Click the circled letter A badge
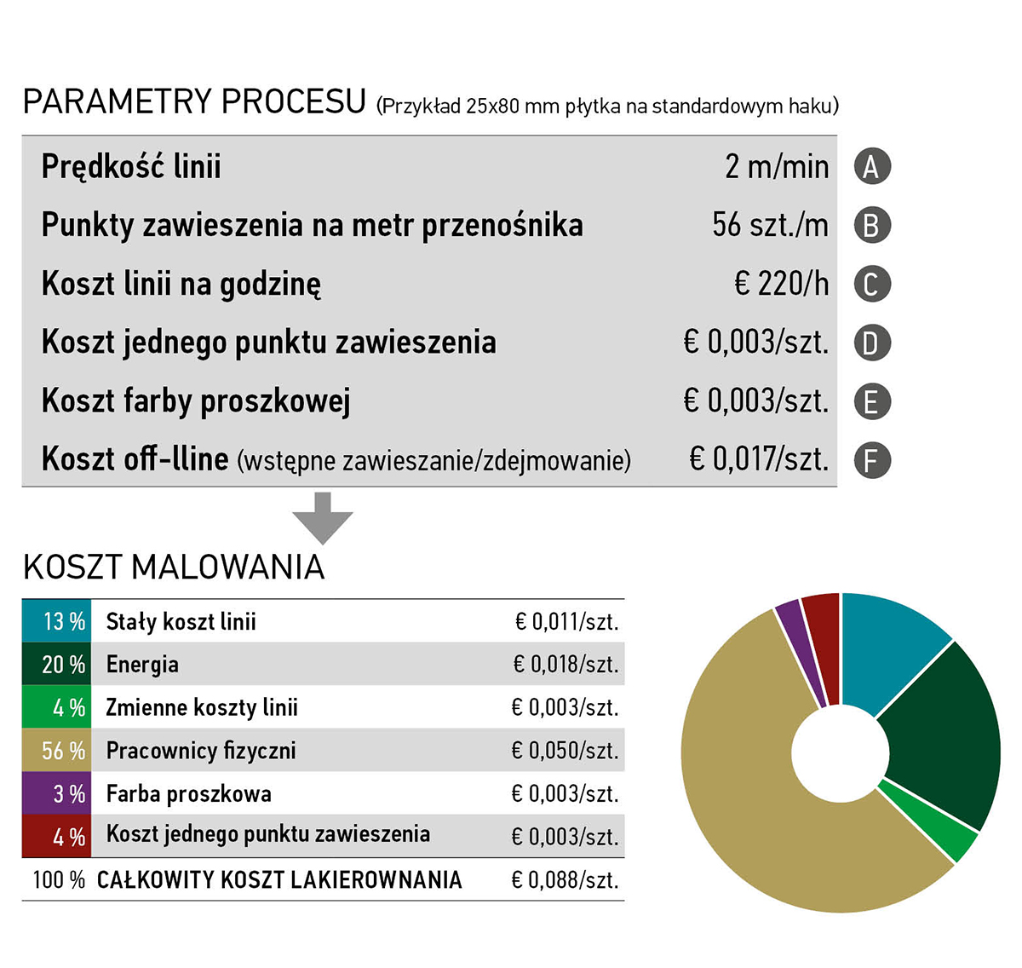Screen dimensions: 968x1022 872,166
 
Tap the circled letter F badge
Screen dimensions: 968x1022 872,461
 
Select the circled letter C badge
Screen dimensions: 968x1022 872,284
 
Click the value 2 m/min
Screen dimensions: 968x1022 777,166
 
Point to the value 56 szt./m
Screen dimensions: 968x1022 770,225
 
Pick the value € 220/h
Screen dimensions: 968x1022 781,284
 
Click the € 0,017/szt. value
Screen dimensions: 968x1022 758,460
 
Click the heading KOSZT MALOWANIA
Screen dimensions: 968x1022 174,568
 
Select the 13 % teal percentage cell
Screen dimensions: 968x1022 56,621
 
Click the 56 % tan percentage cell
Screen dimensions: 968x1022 56,751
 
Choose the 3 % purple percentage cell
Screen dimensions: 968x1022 56,794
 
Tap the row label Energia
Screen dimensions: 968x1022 142,665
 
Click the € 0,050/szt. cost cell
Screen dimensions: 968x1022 565,751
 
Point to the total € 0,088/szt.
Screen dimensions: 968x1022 565,880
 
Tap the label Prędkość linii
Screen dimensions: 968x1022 131,166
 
